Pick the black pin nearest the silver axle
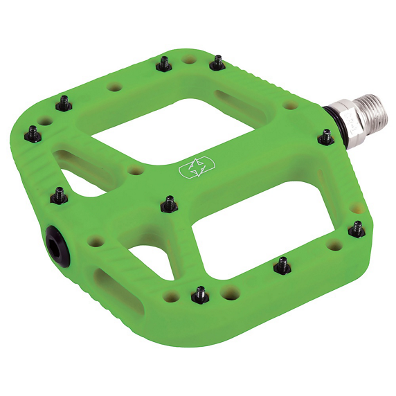tap(325, 138)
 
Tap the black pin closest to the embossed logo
tap(169, 203)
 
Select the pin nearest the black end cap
tap(60, 195)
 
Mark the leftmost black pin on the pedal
tap(33, 132)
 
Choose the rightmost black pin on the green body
tap(357, 228)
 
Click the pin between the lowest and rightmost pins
tap(282, 264)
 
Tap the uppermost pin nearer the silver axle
tap(217, 63)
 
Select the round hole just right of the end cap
tap(96, 242)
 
